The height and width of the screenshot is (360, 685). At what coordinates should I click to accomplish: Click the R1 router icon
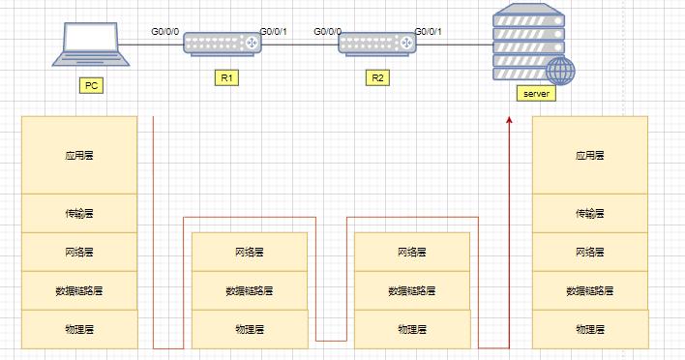tap(223, 45)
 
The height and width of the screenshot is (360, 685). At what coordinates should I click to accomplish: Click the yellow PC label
tap(92, 85)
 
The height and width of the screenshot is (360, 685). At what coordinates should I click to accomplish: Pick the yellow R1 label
tap(223, 77)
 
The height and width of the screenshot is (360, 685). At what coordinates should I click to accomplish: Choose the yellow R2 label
tap(377, 77)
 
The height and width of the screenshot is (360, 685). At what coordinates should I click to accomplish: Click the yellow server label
tap(535, 95)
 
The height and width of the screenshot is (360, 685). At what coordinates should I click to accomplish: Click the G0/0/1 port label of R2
tap(428, 31)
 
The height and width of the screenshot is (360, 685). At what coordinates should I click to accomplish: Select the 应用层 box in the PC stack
tap(78, 155)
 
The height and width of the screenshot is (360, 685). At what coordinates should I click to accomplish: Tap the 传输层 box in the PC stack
tap(78, 213)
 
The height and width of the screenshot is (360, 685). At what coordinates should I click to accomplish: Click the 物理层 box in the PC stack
tap(78, 329)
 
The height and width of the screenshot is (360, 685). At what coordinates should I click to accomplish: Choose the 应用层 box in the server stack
tap(589, 155)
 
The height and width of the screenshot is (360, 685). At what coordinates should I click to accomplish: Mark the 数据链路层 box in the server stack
tap(589, 290)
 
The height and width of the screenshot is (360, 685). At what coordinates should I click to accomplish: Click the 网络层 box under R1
tap(251, 252)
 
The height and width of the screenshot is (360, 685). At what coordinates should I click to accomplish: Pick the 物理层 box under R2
tap(413, 329)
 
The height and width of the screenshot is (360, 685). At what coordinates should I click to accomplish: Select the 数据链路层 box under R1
tap(251, 290)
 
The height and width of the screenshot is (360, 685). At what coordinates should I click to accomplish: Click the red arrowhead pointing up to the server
tap(509, 120)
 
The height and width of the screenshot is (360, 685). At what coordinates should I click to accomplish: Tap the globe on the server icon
tap(560, 70)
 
